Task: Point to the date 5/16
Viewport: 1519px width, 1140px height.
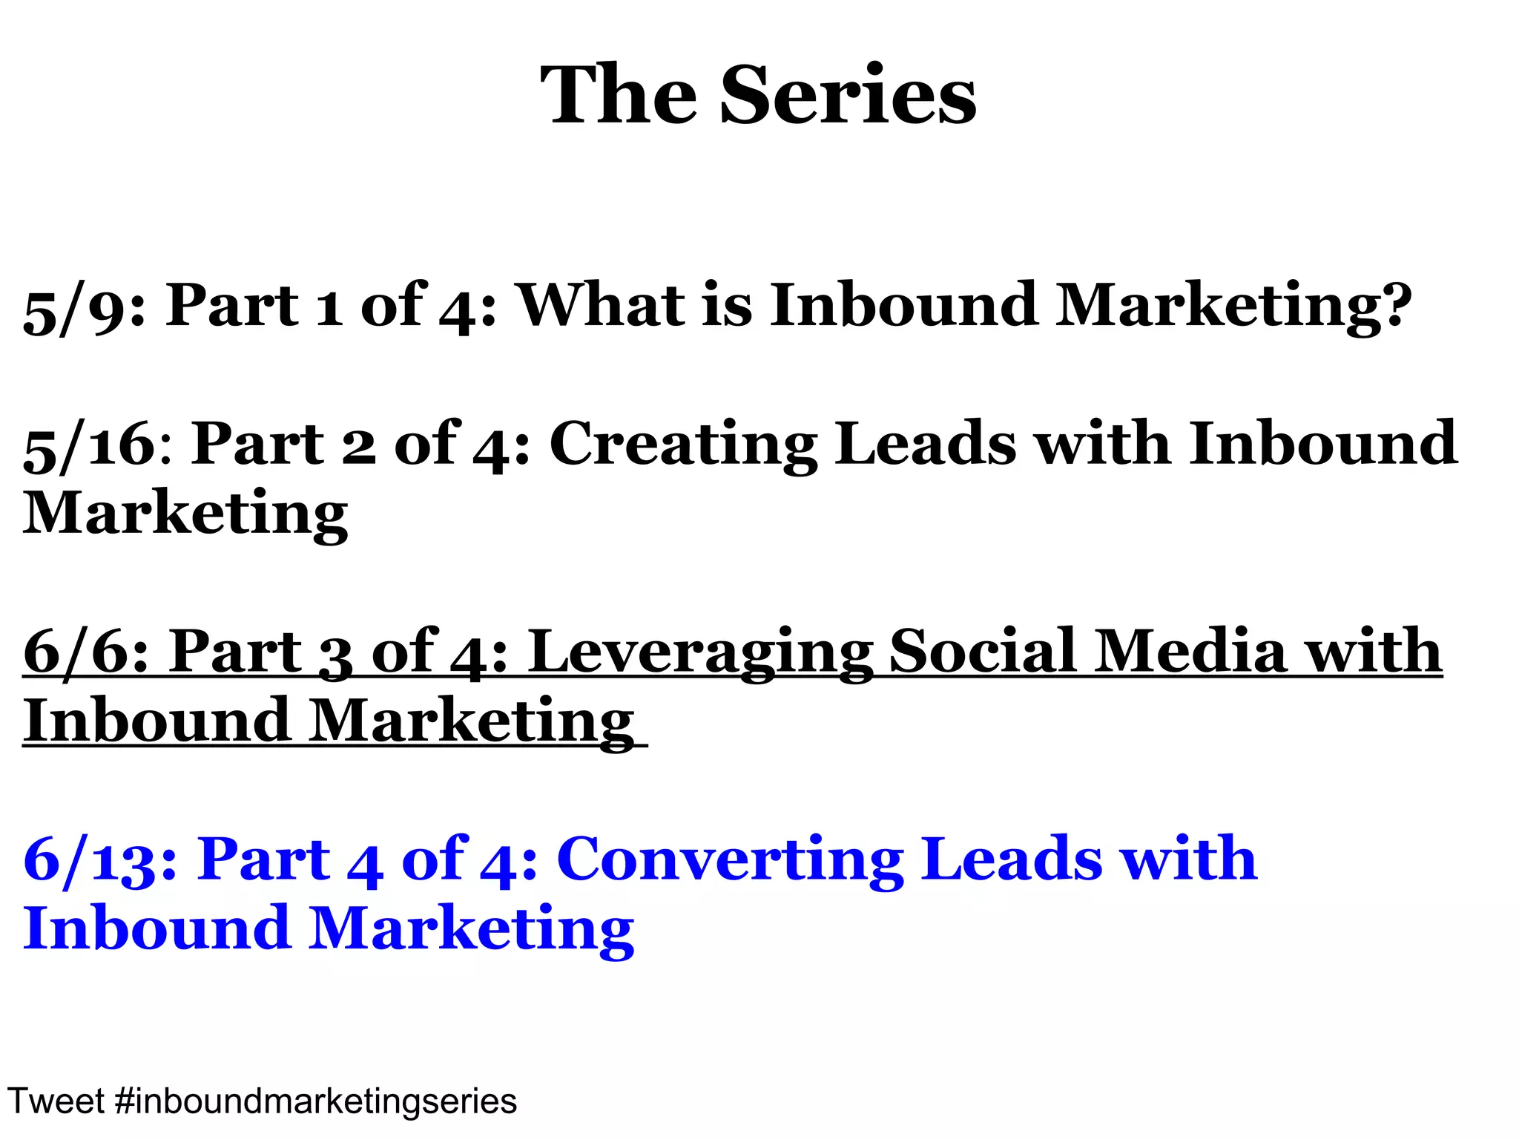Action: point(89,445)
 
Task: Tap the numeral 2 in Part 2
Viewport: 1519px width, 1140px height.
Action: point(359,448)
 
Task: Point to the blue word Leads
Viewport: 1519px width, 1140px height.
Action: point(1012,859)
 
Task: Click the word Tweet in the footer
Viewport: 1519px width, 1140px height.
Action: point(56,1101)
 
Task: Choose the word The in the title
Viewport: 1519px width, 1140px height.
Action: point(619,95)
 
